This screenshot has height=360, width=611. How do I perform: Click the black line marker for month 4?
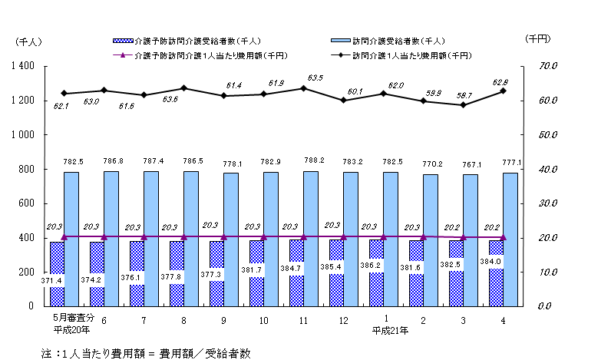pyautogui.click(x=503, y=91)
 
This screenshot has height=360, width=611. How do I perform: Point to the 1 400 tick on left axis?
pyautogui.click(x=21, y=67)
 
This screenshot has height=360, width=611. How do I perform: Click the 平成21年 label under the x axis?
pyautogui.click(x=391, y=331)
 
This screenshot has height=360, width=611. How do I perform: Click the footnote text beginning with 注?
pyautogui.click(x=146, y=352)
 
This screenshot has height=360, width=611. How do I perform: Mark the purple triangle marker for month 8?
pyautogui.click(x=184, y=236)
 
